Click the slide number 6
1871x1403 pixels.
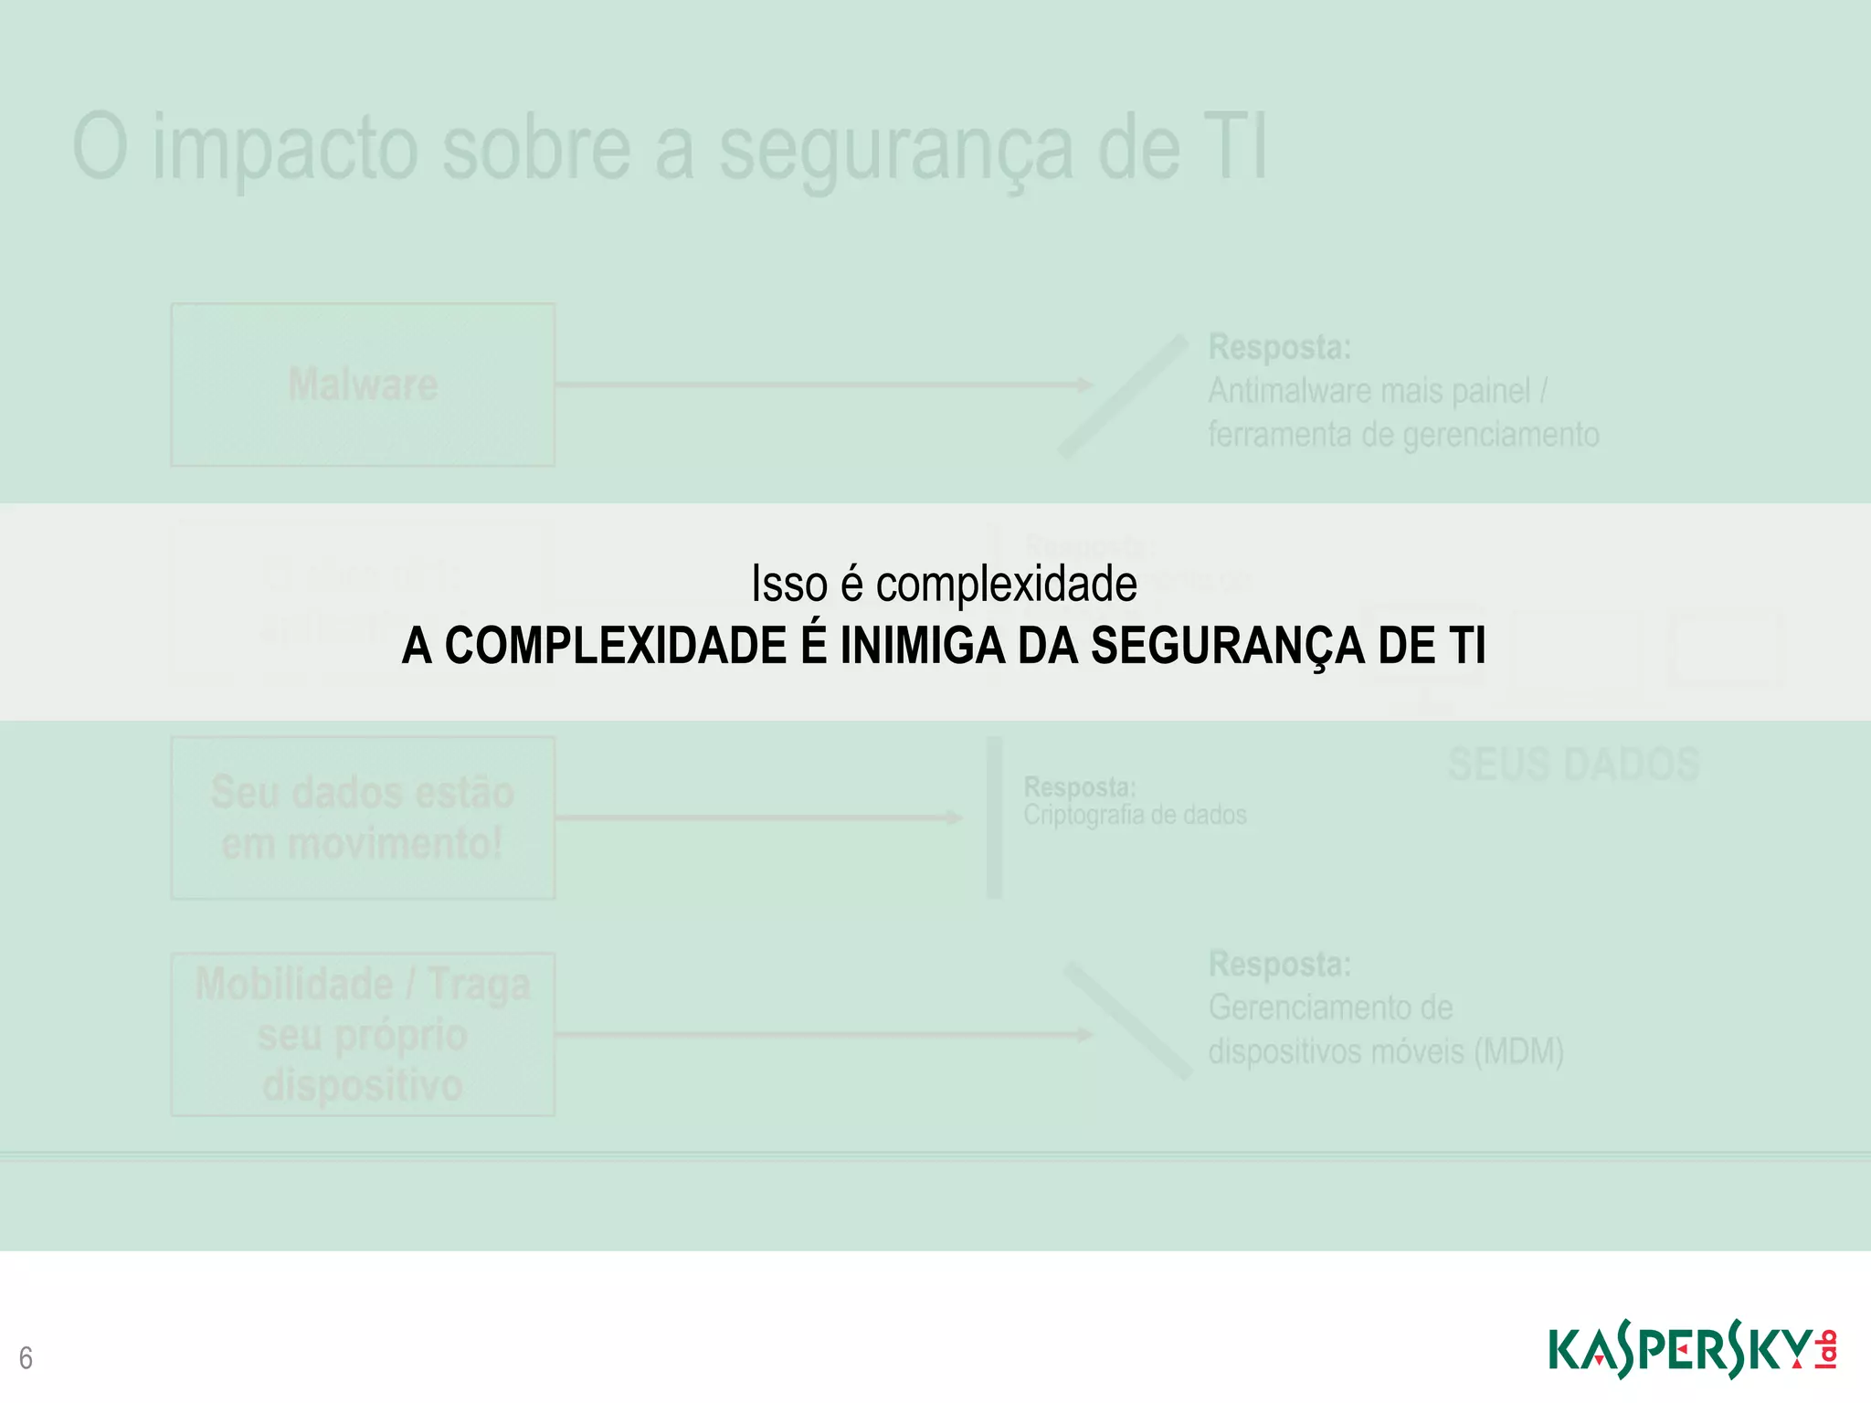(26, 1358)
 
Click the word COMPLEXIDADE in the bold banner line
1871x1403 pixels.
(616, 646)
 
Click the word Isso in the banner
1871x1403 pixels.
(788, 584)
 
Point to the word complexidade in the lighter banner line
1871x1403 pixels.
(1006, 584)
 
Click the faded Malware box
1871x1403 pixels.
(363, 385)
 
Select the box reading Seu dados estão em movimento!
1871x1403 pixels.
(363, 818)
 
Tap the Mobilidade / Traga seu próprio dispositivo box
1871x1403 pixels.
(363, 1034)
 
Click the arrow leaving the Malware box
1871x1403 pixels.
(822, 385)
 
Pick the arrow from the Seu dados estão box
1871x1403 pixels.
(758, 818)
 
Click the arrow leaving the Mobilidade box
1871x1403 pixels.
(822, 1034)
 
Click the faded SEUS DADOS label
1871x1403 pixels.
(1573, 765)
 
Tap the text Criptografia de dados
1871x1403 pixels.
(1135, 815)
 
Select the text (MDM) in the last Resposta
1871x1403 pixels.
(1518, 1051)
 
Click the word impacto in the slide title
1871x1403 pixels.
(285, 148)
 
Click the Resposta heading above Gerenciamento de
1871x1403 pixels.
(1279, 964)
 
